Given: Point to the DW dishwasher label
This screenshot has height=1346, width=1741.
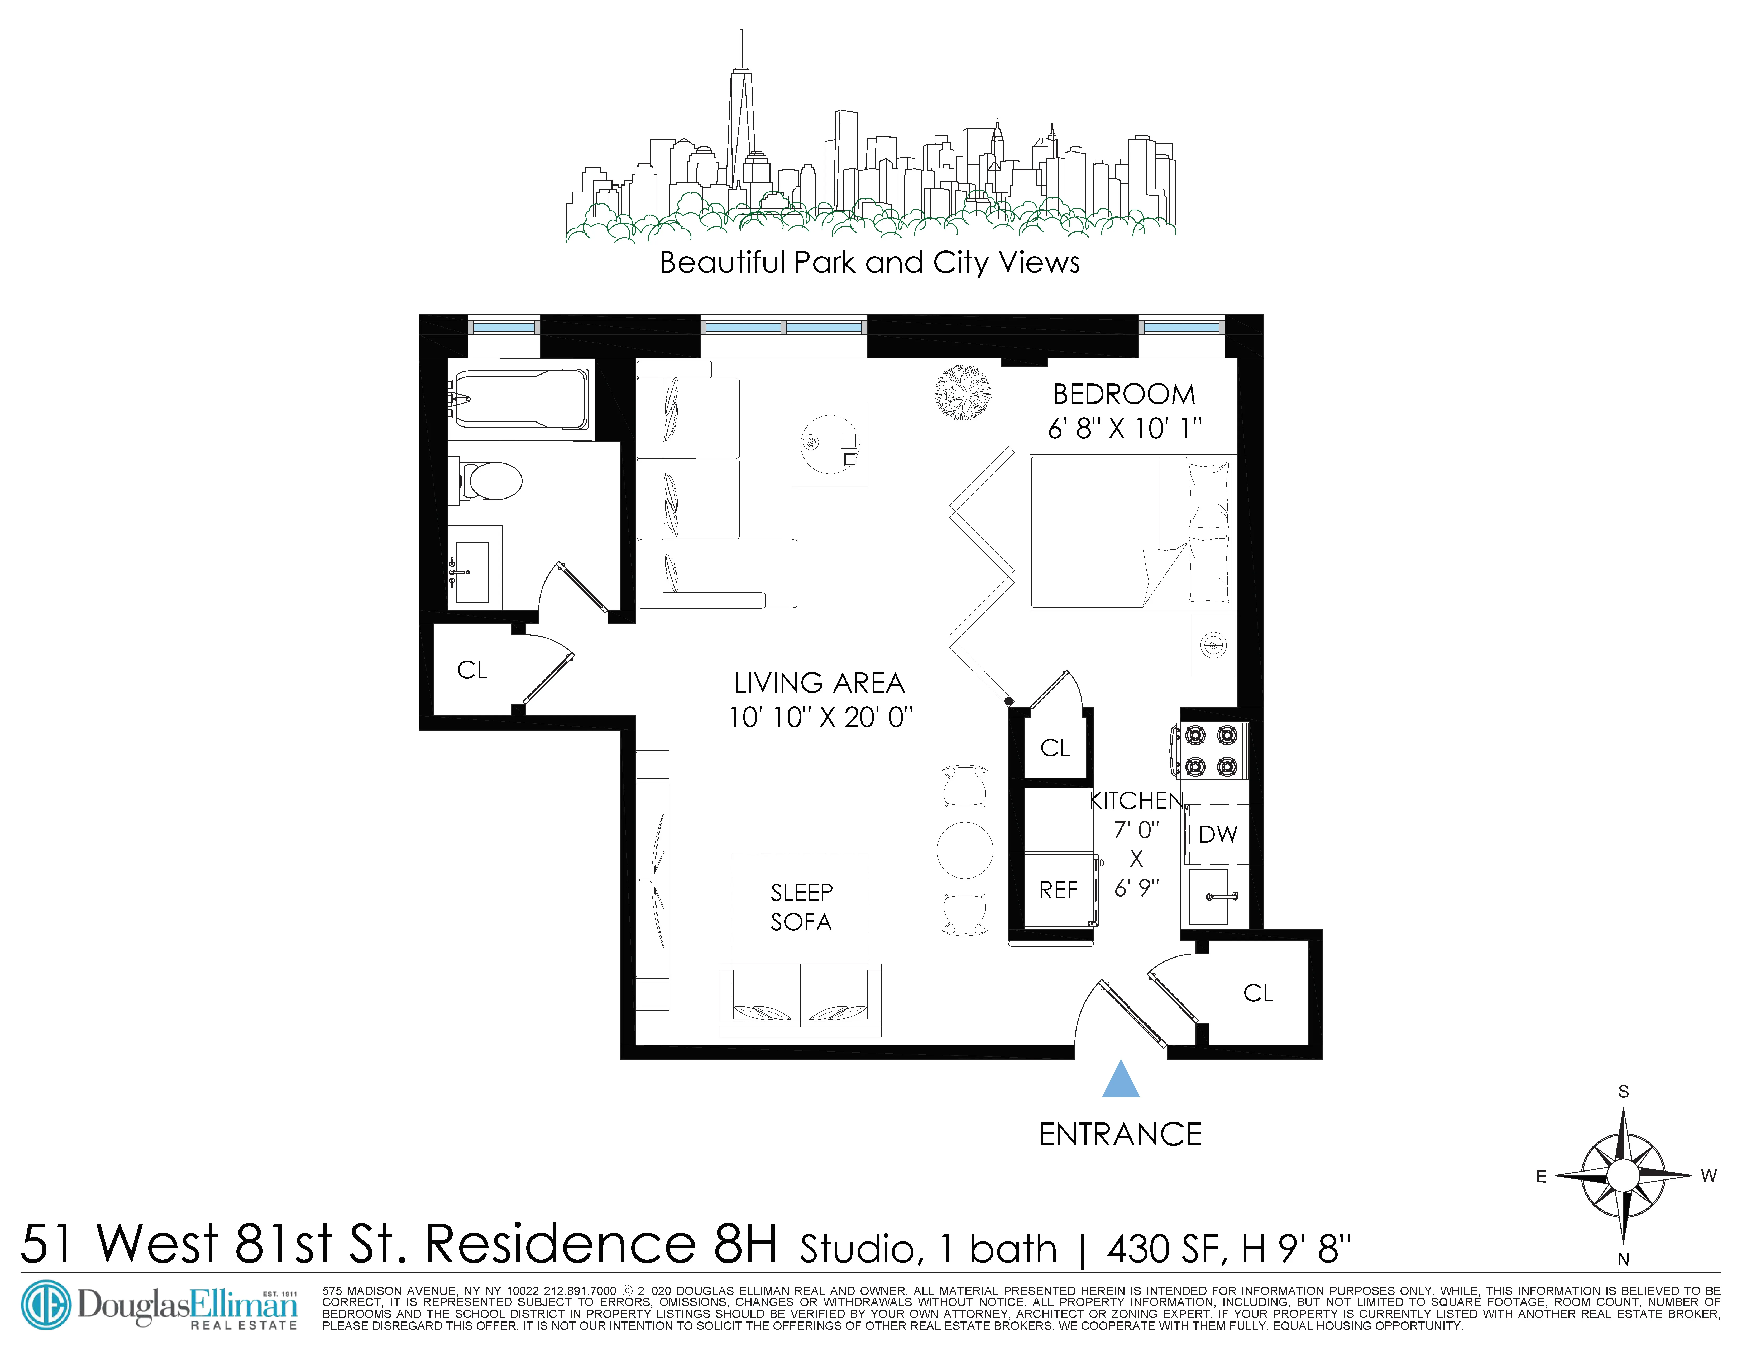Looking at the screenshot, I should [x=1217, y=834].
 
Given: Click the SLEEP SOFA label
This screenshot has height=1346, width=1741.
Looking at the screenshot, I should [x=801, y=907].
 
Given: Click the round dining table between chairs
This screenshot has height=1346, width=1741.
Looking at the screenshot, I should [x=965, y=850].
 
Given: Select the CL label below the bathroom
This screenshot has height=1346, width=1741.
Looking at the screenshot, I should [x=472, y=670].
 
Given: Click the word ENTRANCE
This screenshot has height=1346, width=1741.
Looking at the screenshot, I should [x=1120, y=1135].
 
